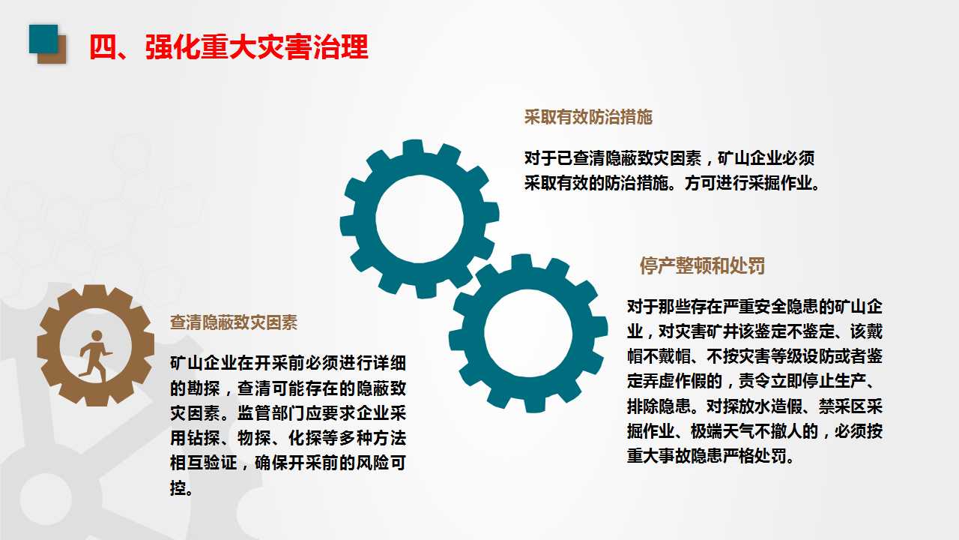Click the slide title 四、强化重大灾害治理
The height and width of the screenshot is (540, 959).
229,46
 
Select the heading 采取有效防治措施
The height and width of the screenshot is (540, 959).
588,117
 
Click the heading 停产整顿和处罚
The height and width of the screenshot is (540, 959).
702,266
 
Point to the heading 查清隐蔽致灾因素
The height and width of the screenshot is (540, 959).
234,323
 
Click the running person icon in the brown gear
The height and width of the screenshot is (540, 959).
95,352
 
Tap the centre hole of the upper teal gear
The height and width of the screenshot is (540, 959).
420,219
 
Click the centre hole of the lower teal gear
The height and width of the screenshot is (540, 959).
528,334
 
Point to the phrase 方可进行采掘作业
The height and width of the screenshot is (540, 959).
748,184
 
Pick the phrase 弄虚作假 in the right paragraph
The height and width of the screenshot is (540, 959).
680,380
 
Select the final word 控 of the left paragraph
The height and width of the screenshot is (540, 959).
178,487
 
